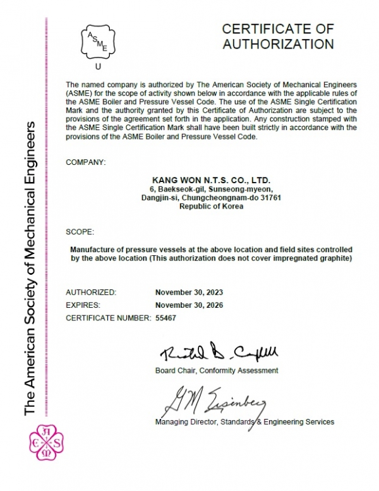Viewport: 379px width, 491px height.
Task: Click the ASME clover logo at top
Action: point(97,42)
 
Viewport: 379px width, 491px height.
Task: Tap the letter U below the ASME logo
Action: point(97,66)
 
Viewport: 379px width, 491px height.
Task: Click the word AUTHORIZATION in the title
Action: point(279,44)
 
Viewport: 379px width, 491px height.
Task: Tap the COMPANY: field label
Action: point(86,162)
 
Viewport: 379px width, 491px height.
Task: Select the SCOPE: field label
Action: point(80,231)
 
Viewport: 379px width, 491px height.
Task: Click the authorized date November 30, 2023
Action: point(189,293)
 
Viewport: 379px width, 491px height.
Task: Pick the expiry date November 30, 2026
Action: point(189,305)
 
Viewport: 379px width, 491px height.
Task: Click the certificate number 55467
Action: point(166,317)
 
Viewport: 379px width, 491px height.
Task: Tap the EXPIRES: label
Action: point(84,305)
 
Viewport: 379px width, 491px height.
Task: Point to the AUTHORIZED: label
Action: point(91,293)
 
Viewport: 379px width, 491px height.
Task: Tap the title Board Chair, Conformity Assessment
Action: point(216,370)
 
